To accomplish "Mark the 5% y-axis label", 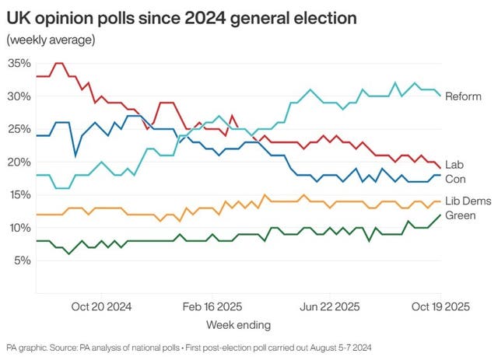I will point(21,260).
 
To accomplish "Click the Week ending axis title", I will point(237,323).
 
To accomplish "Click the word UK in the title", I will point(19,16).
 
